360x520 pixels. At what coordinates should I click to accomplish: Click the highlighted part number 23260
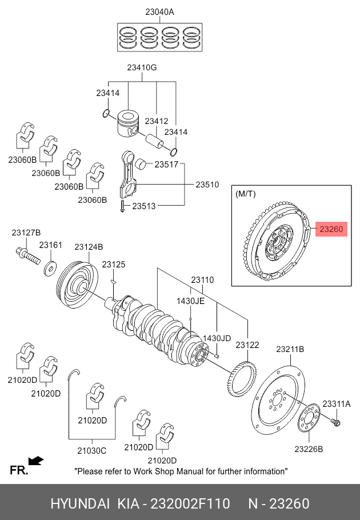pos(331,229)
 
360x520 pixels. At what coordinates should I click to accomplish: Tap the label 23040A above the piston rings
pos(159,12)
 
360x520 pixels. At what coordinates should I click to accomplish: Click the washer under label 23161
pos(50,267)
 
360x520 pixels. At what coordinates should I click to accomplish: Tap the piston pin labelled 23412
pos(154,141)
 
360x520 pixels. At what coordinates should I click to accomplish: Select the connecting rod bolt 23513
pos(122,206)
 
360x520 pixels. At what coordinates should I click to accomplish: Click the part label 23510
pos(207,185)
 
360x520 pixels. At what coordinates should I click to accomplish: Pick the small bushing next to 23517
pos(142,164)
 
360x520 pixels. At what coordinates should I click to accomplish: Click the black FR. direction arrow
pos(36,461)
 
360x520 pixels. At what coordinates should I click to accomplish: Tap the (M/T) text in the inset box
pos(245,194)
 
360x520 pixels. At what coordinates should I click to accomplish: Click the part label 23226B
pos(309,449)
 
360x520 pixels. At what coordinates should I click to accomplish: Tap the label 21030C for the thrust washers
pos(92,451)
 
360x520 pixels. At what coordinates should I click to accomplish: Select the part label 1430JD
pos(217,338)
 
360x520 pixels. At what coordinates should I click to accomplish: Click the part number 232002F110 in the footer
pos(190,503)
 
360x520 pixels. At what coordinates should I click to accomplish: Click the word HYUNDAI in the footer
pos(80,503)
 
